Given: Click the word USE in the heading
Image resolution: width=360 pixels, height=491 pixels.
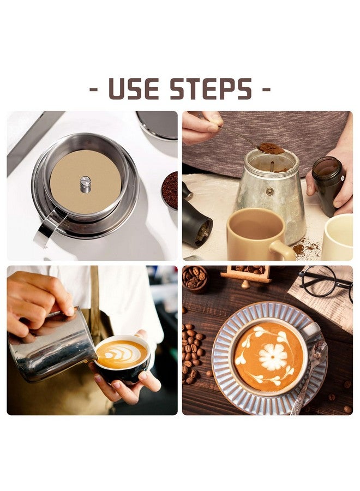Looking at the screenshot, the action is coord(134,89).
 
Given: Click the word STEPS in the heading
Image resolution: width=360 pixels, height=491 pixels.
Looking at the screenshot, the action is coord(211,89).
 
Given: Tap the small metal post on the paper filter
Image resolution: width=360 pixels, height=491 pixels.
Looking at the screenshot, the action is coord(86,184).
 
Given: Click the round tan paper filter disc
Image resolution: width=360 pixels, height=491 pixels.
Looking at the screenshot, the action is coord(86,185).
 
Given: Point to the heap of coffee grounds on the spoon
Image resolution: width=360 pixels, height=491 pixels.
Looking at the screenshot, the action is coord(271,148).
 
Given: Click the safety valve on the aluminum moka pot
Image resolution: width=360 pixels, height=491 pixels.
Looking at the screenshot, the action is coord(269,191).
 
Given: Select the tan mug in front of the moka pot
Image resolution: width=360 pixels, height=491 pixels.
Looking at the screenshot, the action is coord(260,233).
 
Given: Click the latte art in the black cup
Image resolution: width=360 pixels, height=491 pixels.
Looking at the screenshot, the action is coord(122,354).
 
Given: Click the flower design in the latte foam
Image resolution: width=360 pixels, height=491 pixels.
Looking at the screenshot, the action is coord(273,357).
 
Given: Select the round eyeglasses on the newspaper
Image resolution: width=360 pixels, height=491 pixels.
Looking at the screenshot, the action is coord(326,281).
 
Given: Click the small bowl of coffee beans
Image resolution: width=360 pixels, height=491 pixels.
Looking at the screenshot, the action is coord(195,278).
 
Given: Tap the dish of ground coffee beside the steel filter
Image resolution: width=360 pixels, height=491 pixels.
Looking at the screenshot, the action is coord(170,190).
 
